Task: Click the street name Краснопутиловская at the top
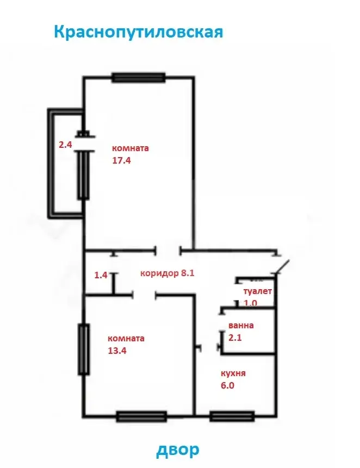139,32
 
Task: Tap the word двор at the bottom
178,450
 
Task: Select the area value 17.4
121,160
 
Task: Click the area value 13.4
117,351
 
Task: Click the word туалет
258,291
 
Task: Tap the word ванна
241,326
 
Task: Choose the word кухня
233,373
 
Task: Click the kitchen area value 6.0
227,385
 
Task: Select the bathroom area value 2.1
235,338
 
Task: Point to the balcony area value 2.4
65,145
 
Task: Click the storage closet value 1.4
101,275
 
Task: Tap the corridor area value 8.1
188,273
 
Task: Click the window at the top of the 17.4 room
138,78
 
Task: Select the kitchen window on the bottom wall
232,416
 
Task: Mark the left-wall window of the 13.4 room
84,349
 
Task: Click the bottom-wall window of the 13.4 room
141,416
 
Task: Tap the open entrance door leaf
282,266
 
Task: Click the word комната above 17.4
131,148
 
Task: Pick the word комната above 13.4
126,339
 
